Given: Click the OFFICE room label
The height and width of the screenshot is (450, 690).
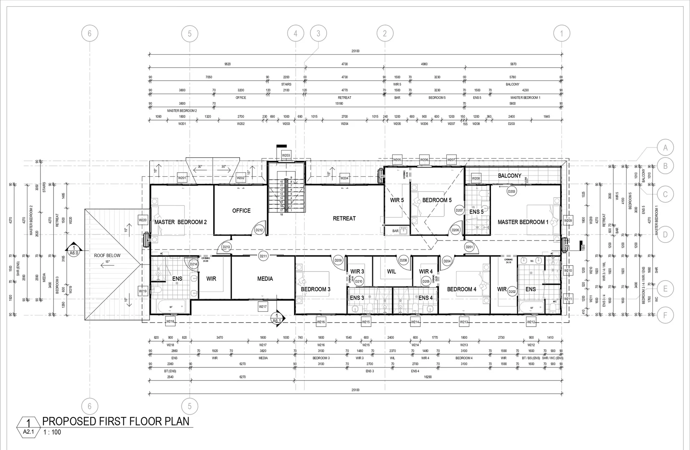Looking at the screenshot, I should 241,211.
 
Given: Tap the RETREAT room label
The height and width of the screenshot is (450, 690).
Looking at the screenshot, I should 344,218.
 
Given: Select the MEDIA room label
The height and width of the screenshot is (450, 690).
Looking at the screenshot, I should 265,279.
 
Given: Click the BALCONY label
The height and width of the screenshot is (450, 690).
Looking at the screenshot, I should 509,176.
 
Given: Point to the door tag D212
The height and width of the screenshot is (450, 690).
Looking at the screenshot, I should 259,230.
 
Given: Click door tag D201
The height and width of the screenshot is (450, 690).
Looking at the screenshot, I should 469,247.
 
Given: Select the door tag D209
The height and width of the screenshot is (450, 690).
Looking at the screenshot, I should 338,261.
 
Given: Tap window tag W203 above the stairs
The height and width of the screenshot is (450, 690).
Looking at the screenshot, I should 286,155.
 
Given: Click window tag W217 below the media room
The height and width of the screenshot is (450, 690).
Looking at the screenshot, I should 263,307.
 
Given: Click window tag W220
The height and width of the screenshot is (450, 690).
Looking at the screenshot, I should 143,220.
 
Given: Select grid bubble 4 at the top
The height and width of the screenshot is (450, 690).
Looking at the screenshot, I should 296,33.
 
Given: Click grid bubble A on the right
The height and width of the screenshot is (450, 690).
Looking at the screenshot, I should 665,147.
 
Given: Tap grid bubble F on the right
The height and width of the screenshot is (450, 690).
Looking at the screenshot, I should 665,315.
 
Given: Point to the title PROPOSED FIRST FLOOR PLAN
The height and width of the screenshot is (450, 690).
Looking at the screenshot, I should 116,421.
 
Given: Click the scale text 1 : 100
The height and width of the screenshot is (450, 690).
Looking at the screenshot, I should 52,432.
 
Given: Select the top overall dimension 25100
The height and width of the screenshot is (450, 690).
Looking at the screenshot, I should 355,51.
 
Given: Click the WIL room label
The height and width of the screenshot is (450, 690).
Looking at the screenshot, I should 391,272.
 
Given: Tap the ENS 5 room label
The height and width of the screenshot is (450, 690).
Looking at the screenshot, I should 476,212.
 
